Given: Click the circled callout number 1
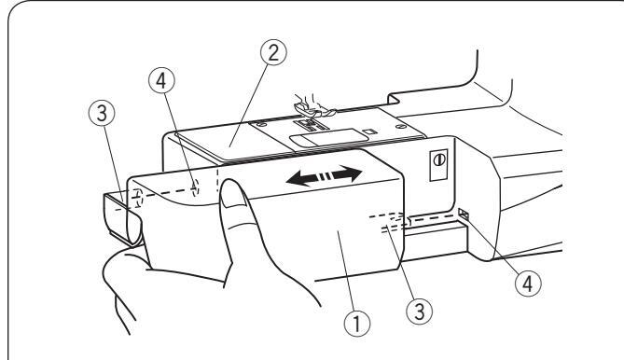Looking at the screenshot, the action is coord(357,323).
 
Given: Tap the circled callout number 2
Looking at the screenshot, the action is coord(273,52).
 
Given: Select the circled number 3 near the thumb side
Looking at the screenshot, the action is coord(102,113).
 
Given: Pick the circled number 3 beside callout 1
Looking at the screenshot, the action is coord(420,311).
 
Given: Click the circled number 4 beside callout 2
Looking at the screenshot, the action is coord(161,81).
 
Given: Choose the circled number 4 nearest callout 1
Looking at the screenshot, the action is coord(528,284).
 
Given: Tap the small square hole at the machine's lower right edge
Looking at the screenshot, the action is coord(464,215).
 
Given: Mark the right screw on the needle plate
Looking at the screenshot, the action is coord(399,127).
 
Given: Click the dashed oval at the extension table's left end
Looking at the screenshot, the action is coord(137,198).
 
